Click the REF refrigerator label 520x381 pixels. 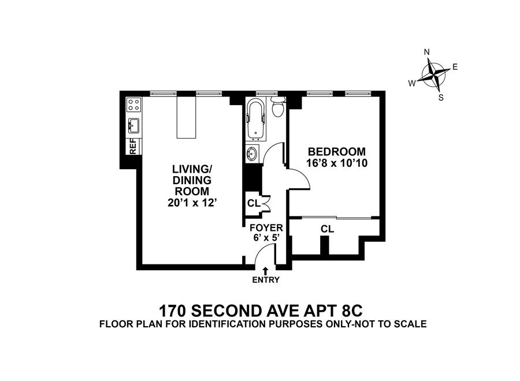132,146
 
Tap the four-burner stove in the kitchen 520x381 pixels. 133,104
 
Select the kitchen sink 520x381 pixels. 133,124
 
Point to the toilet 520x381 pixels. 278,107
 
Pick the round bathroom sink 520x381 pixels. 252,154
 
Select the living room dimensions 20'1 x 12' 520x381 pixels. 191,202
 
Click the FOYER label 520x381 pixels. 266,228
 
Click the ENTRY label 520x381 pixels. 266,281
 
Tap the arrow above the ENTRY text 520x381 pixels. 266,270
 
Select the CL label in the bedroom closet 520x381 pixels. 328,229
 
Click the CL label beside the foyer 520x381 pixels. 253,203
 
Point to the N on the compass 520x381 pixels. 427,52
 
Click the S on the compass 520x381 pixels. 441,97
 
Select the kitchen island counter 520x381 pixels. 187,117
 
